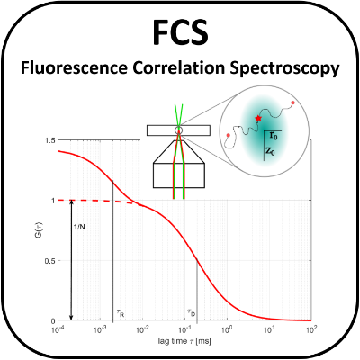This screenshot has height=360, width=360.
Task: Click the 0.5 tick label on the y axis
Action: [x=49, y=260]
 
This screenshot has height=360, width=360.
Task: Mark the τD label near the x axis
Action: [x=190, y=312]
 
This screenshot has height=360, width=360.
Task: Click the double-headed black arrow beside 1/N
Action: [x=71, y=260]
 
